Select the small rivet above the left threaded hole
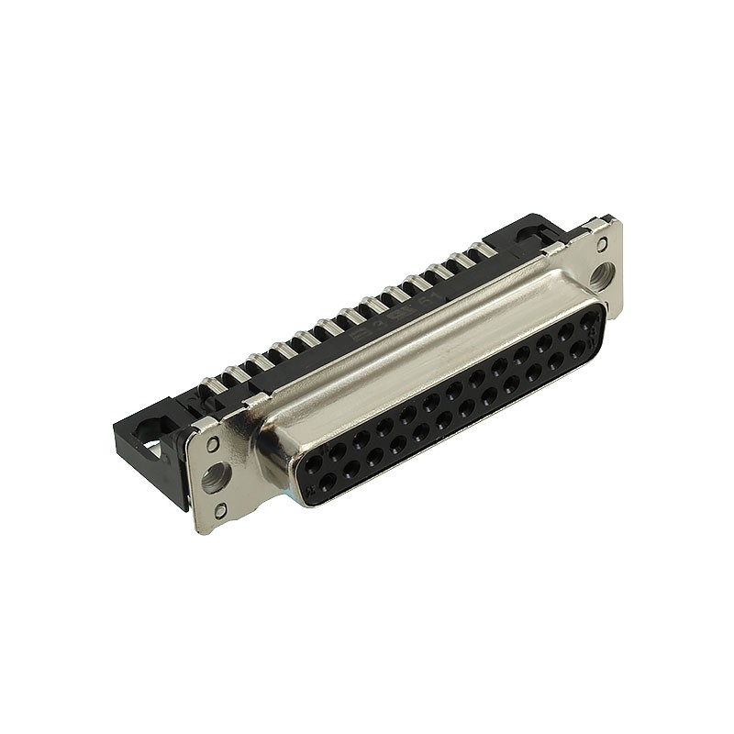(213, 444)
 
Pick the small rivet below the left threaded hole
(220, 510)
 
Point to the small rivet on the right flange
(602, 244)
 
